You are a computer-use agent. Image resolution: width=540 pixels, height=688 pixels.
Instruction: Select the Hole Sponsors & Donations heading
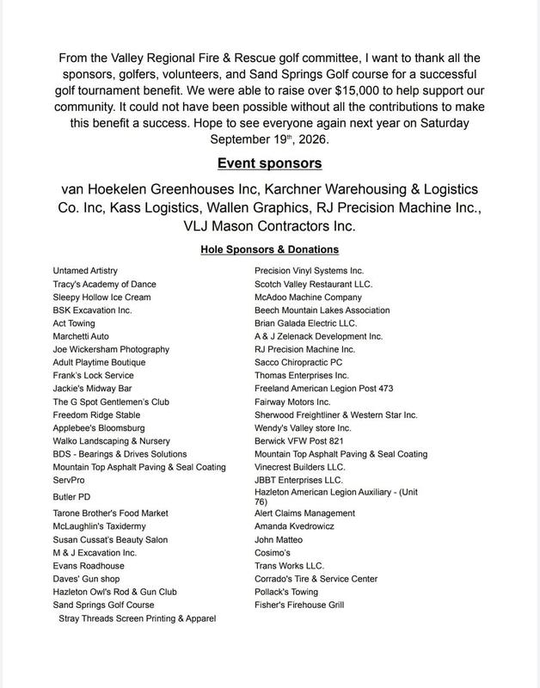269,249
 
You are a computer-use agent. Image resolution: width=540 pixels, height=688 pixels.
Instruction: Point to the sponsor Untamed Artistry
85,271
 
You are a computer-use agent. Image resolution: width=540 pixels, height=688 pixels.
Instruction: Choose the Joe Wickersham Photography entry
111,349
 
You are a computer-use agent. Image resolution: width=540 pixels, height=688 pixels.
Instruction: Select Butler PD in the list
72,497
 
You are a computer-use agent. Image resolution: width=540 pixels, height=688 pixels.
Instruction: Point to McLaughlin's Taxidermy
101,526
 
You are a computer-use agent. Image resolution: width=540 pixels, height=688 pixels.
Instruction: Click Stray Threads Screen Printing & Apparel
138,618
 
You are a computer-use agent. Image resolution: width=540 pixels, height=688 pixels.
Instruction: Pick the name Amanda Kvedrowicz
295,526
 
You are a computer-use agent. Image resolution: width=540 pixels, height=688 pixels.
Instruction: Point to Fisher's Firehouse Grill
299,605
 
